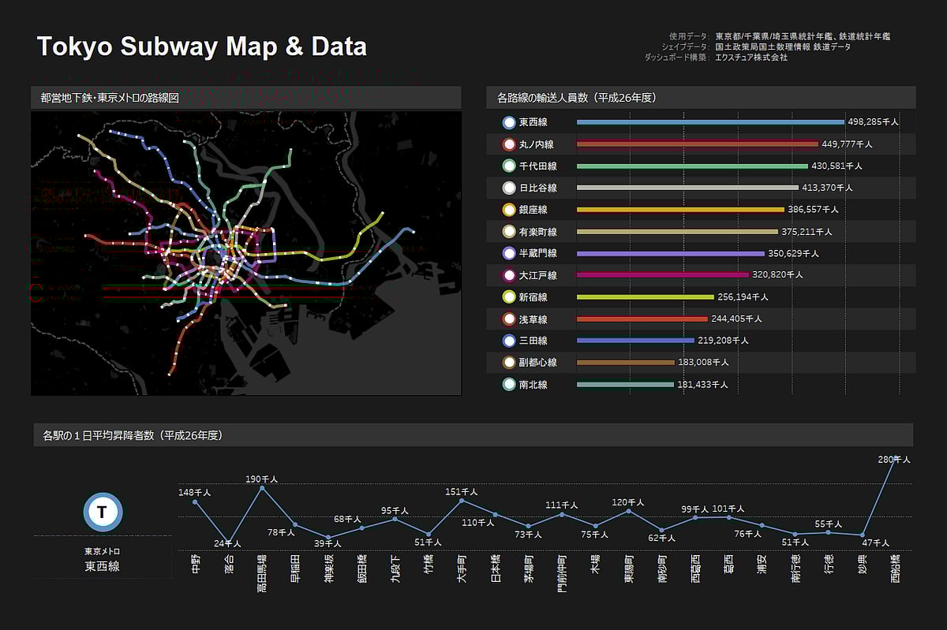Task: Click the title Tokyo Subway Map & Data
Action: pos(202,47)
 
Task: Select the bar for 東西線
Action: pos(710,122)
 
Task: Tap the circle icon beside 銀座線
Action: pos(509,210)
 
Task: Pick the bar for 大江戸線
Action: pos(663,275)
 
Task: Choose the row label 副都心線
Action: pos(538,363)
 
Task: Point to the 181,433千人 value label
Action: pos(702,385)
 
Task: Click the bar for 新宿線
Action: pos(646,297)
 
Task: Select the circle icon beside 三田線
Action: pos(509,341)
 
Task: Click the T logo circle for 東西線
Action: pos(103,513)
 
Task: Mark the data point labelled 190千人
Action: pos(262,488)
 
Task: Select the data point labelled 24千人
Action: pos(229,542)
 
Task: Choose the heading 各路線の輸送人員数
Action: pos(577,98)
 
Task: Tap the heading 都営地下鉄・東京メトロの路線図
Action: pos(110,98)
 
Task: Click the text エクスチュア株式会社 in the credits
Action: pos(751,58)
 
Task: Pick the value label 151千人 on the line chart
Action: pos(462,492)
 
